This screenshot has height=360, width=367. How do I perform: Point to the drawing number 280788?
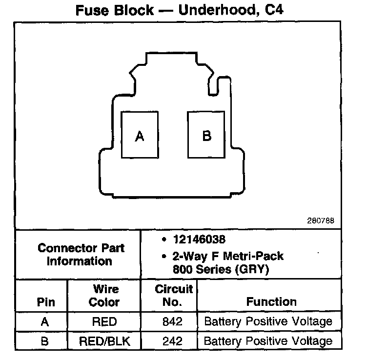tap(321, 220)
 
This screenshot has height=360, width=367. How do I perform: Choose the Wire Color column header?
tap(104, 296)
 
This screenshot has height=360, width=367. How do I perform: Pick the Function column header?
tap(271, 302)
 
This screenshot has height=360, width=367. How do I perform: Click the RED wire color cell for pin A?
tap(104, 321)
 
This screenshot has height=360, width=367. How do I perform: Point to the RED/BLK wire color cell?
tap(104, 341)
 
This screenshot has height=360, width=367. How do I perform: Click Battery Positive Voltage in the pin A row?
tap(268, 321)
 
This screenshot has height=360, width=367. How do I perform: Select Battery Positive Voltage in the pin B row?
tap(268, 341)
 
